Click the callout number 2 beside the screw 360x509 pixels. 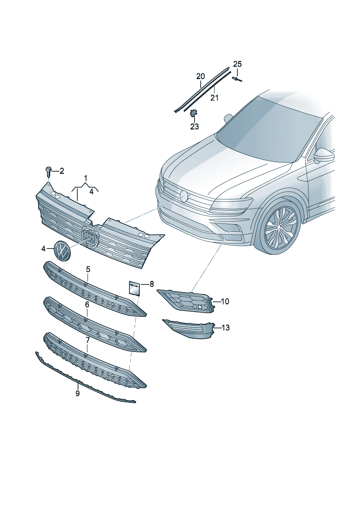point(62,171)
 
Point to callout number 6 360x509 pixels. point(87,305)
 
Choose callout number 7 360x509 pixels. point(87,340)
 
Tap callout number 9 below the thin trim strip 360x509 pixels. point(78,393)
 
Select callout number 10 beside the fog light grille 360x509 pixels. point(225,301)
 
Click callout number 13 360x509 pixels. point(225,328)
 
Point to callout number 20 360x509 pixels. point(200,77)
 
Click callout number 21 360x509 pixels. point(214,98)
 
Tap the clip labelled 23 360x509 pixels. point(193,114)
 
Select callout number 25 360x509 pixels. point(237,64)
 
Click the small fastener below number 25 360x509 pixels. point(237,79)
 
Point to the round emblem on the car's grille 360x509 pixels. point(184,196)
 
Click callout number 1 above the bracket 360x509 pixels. point(86,178)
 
